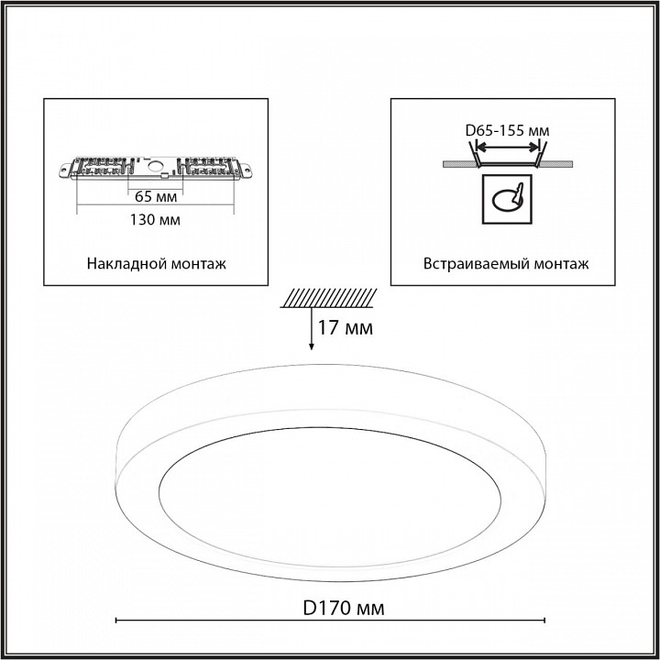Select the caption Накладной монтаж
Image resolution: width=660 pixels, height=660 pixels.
157,263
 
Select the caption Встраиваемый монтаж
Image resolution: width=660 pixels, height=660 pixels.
506,263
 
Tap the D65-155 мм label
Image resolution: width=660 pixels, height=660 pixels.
507,131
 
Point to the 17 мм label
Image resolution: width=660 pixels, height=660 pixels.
345,326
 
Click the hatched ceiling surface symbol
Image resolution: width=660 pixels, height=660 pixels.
330,298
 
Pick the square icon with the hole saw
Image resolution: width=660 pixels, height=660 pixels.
506,200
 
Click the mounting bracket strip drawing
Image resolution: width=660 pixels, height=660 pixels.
157,169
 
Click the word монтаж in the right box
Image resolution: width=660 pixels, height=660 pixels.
560,263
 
